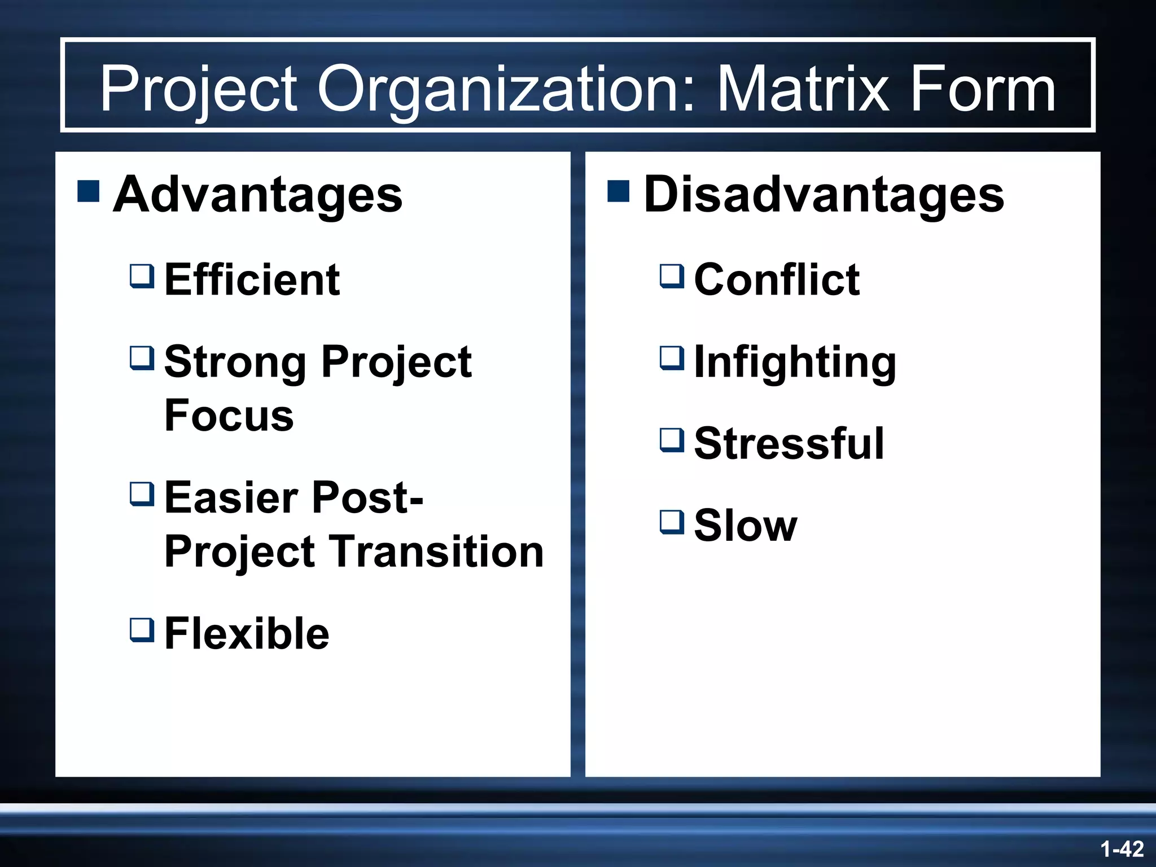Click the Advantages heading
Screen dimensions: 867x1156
point(257,195)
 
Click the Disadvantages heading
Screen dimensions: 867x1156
point(824,195)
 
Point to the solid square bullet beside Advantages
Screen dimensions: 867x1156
point(89,191)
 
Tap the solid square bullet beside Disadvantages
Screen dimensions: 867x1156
point(619,191)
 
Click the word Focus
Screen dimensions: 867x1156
point(229,415)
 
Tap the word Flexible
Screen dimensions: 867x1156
point(247,633)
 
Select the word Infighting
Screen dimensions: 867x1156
point(794,362)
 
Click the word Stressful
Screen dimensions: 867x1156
point(789,444)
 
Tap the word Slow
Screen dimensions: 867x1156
point(745,526)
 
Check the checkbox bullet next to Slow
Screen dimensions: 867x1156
point(672,523)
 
